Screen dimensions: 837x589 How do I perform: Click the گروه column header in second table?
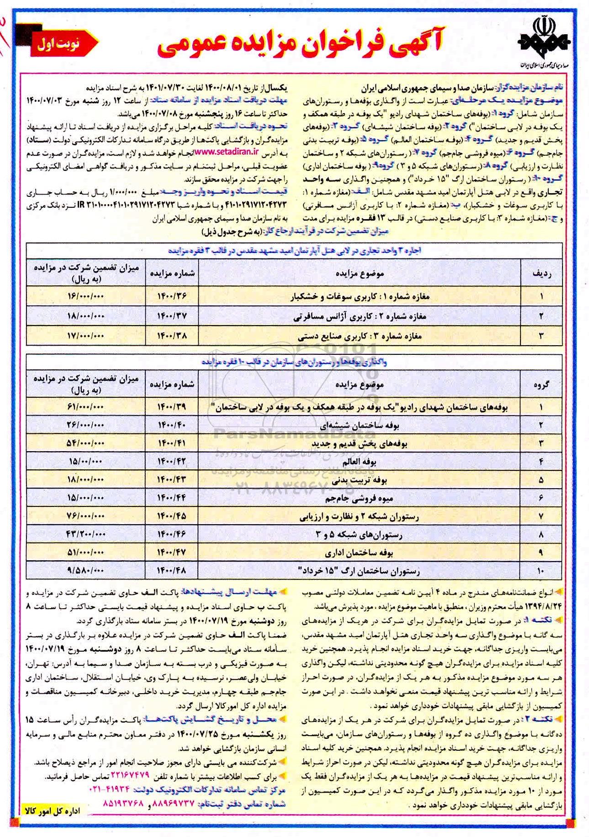pyautogui.click(x=541, y=384)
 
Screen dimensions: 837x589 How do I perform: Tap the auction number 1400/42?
pyautogui.click(x=172, y=462)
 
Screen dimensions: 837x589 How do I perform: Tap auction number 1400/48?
pyautogui.click(x=172, y=570)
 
